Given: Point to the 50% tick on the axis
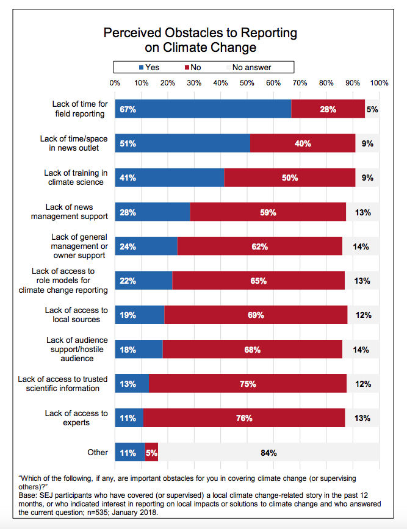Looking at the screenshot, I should click(247, 82).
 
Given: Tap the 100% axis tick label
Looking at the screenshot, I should click(379, 82).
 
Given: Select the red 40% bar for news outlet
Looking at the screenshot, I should click(303, 143).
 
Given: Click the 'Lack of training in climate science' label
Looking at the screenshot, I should click(76, 178).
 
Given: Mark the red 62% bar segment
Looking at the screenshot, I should click(259, 247).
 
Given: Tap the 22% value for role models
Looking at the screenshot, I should click(128, 281).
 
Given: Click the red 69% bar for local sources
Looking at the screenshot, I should click(256, 315).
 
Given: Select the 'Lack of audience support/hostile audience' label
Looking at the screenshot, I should click(77, 350).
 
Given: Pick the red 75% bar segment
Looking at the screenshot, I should click(248, 384).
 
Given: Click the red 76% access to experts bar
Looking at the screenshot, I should click(245, 418).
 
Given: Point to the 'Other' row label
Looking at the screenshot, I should click(98, 452).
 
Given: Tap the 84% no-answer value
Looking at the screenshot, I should click(268, 453).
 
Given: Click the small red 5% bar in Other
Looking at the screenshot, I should click(151, 453).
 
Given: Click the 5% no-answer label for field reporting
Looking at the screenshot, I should click(372, 109).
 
